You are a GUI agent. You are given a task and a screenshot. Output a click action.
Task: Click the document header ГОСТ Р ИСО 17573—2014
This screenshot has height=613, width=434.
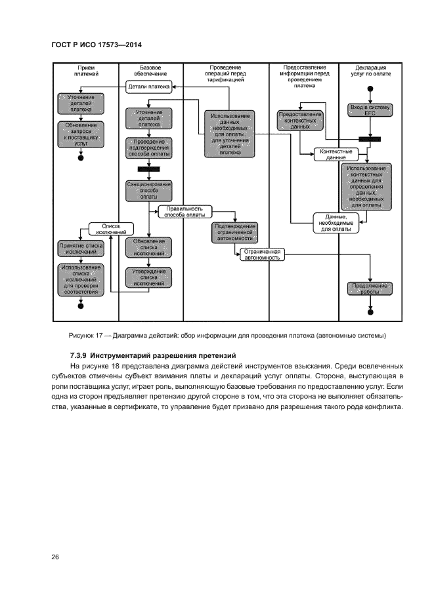[x=97, y=44]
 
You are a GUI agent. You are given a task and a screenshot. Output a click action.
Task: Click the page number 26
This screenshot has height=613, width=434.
[x=55, y=557]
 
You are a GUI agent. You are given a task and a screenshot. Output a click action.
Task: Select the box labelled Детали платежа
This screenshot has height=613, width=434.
[x=148, y=87]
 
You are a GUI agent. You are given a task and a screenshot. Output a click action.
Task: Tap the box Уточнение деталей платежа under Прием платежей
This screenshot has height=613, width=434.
[x=81, y=104]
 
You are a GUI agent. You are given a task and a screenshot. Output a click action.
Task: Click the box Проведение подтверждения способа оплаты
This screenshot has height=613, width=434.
[x=148, y=148]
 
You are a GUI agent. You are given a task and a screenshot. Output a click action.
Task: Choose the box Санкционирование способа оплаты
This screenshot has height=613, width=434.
[x=148, y=190]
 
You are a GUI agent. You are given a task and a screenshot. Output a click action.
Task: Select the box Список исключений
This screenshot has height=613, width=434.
[x=112, y=228]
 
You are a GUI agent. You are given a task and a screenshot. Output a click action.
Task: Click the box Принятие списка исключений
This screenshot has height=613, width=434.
[x=81, y=249]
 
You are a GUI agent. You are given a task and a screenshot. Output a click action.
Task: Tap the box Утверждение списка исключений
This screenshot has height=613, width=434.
[x=148, y=277]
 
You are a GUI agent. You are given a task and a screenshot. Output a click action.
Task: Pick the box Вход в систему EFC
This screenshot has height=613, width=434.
[x=370, y=110]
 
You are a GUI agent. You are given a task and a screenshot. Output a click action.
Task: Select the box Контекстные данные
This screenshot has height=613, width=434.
[x=336, y=154]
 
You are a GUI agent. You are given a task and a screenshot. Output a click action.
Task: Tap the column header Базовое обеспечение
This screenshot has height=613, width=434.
[x=150, y=71]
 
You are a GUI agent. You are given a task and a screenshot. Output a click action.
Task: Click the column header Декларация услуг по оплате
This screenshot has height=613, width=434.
[x=370, y=71]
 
